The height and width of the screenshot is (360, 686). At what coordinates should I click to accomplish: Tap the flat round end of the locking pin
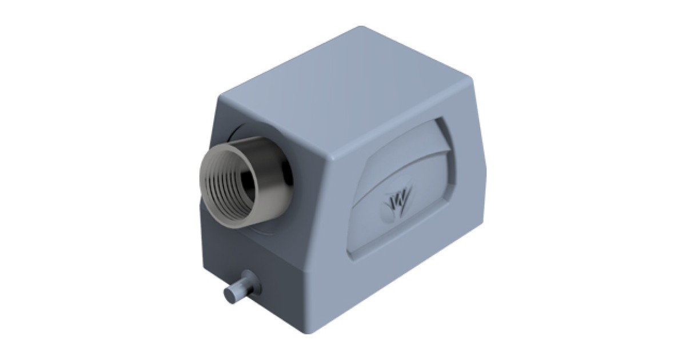(230, 295)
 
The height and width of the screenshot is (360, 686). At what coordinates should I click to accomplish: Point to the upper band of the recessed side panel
(412, 137)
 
